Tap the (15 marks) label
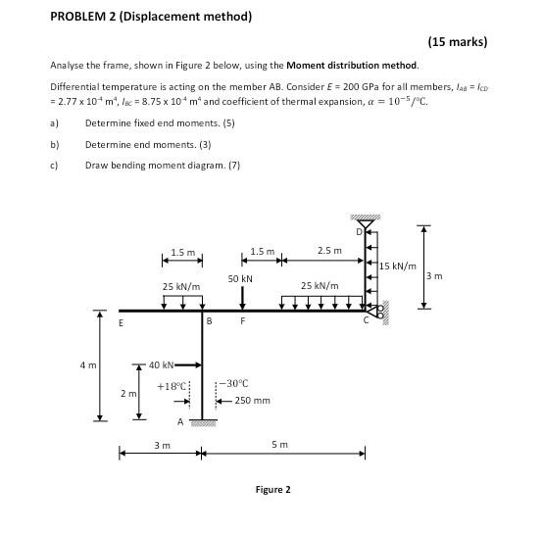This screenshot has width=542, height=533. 458,42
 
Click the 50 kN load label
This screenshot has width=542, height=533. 240,279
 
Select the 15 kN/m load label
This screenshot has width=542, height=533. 397,266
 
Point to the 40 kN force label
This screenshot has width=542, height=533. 161,364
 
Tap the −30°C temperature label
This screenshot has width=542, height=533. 235,383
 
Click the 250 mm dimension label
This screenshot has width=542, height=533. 252,401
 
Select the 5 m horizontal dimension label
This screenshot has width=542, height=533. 280,445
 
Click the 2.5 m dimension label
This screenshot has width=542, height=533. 329,251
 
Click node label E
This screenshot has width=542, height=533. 122,321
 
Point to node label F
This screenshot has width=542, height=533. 242,320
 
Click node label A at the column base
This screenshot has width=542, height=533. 179,421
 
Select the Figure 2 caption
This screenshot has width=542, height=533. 272,489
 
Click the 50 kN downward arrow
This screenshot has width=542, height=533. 242,298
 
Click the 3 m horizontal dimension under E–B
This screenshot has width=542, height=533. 162,445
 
